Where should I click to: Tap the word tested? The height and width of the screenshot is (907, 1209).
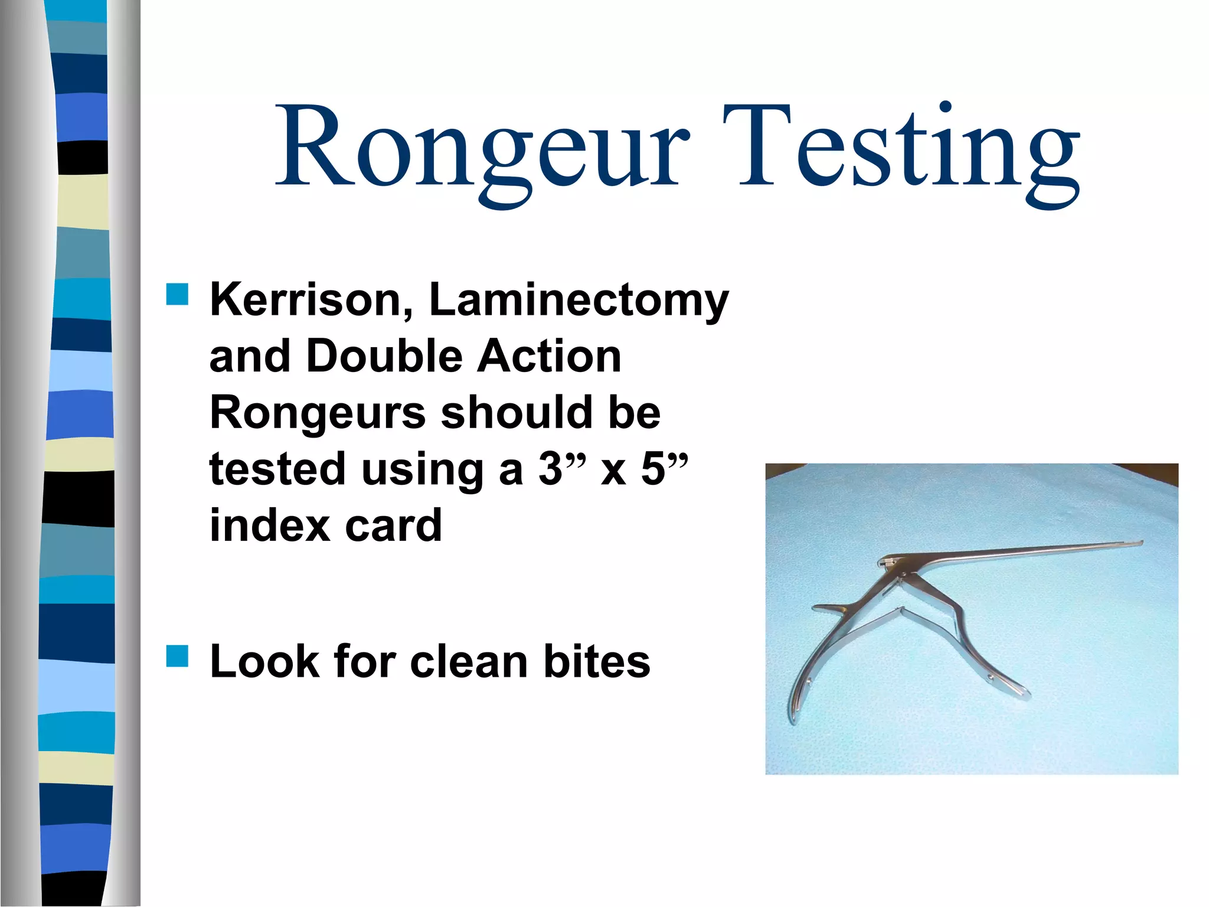(277, 469)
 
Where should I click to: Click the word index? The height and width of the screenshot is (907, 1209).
(269, 525)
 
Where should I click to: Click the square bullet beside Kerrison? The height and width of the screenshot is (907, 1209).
(177, 295)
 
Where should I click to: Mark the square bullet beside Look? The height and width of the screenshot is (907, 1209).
(177, 656)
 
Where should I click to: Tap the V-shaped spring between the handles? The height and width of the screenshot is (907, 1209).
(900, 612)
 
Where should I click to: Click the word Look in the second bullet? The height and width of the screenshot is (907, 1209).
(264, 661)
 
